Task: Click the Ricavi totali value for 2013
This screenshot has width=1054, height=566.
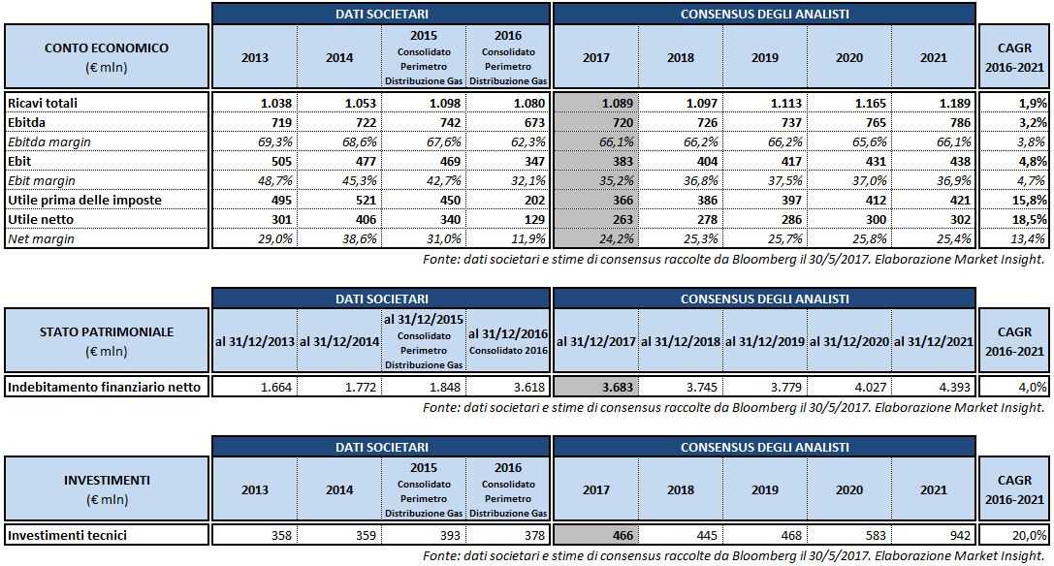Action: [x=253, y=103]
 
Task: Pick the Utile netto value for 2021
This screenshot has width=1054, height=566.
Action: [x=932, y=219]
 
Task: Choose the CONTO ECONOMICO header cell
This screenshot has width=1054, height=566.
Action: [x=107, y=57]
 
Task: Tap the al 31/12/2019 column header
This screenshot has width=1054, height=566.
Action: [x=764, y=341]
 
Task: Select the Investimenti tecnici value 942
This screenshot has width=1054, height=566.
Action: [x=932, y=535]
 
